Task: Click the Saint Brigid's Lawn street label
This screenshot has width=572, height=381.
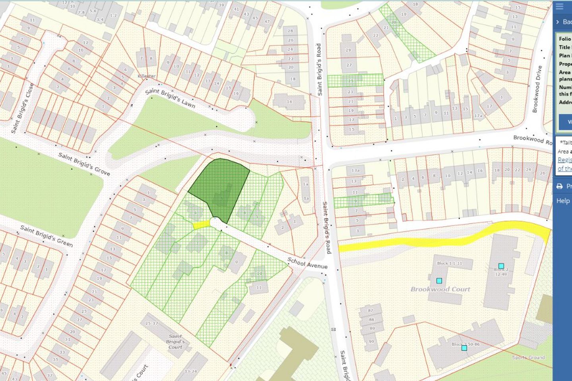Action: (170, 98)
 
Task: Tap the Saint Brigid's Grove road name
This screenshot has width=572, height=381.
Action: (84, 164)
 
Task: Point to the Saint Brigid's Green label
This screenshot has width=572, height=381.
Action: (46, 236)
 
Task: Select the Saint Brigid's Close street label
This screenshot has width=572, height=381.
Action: (22, 108)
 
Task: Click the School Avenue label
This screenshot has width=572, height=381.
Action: (307, 263)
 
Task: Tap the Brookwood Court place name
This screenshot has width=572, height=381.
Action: (440, 289)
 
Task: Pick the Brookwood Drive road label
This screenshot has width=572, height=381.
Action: (537, 89)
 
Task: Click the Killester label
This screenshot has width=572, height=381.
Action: (147, 76)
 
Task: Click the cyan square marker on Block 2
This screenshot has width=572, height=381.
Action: (501, 266)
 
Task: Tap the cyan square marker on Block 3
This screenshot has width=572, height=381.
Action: (464, 348)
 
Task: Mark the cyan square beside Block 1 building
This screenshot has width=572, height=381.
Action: (439, 281)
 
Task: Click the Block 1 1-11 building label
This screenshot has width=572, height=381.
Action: (450, 263)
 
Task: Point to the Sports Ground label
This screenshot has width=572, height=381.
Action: (528, 358)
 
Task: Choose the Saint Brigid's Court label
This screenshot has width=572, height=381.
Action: (175, 341)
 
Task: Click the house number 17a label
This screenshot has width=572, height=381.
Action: (478, 116)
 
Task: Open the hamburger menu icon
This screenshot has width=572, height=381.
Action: (559, 7)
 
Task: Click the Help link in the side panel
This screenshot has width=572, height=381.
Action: (562, 201)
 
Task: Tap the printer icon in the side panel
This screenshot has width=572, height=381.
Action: (559, 186)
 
